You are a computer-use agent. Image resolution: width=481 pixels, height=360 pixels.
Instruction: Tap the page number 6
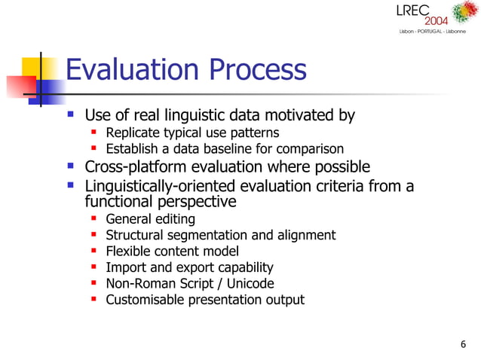(x=462, y=345)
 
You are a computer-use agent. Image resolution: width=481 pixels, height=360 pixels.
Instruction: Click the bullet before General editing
(x=94, y=218)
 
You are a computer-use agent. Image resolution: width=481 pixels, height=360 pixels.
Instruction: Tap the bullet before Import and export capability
(x=94, y=267)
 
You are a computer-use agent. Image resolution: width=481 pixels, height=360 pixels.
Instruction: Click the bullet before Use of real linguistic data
(x=71, y=114)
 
